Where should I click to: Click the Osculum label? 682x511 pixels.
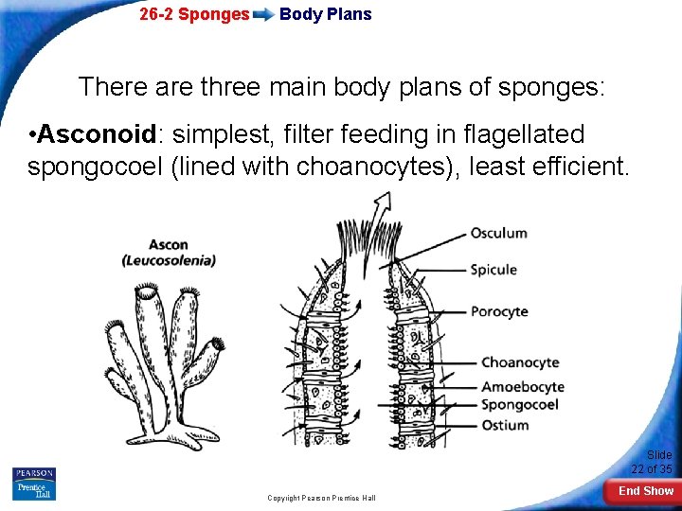point(498,233)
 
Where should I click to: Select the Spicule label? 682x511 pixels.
point(494,270)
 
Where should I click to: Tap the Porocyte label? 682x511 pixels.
point(499,311)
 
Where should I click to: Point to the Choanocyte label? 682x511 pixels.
point(520,362)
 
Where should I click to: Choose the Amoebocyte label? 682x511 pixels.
point(523,386)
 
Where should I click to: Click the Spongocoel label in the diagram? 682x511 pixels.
point(519,405)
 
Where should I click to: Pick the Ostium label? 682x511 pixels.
point(505,425)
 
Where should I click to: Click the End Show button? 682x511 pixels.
point(645,491)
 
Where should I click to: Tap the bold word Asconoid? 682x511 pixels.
point(89,135)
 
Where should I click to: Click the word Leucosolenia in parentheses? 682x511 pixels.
point(169,260)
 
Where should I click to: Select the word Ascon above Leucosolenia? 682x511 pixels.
point(168,245)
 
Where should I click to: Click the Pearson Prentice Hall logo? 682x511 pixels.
point(34,484)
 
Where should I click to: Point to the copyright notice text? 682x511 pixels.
point(321,498)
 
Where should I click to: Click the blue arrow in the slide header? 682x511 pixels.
point(264,15)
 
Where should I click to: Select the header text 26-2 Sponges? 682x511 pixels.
point(194,14)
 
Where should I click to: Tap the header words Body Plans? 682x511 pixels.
point(325,14)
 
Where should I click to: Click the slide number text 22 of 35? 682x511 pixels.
point(652,468)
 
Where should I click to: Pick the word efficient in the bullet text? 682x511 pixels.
point(578,167)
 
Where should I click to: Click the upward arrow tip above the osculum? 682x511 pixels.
point(386,197)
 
